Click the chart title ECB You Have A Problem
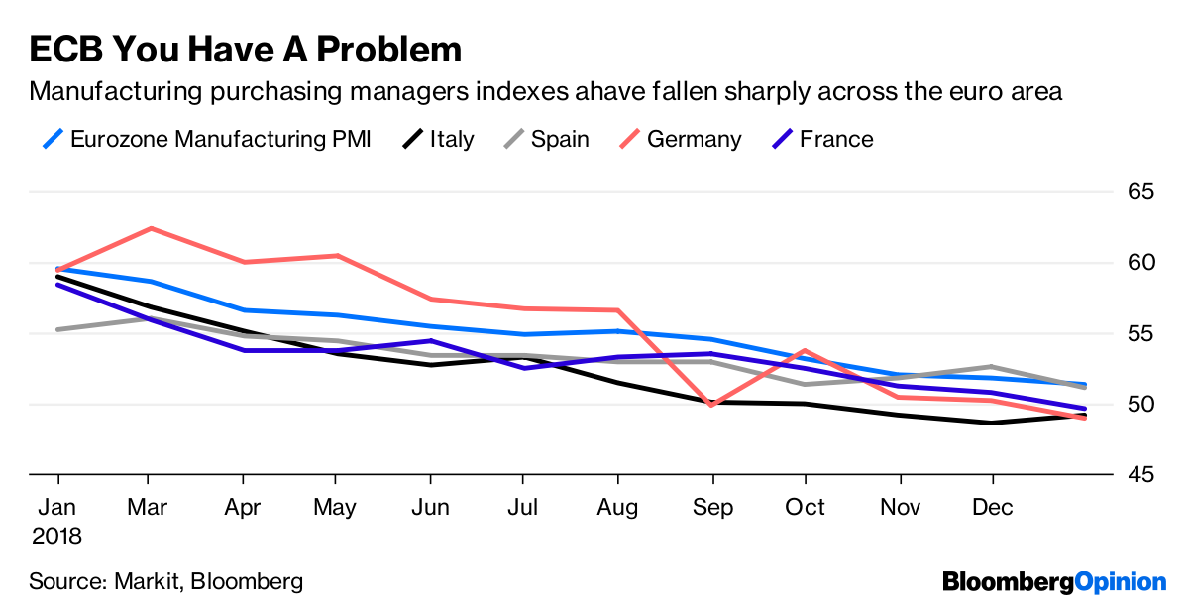pyautogui.click(x=246, y=50)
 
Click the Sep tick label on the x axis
pyautogui.click(x=712, y=508)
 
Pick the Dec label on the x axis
pyautogui.click(x=993, y=508)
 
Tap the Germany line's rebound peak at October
pyautogui.click(x=805, y=350)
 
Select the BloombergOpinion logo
pyautogui.click(x=1054, y=582)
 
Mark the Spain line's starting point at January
pyautogui.click(x=57, y=329)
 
